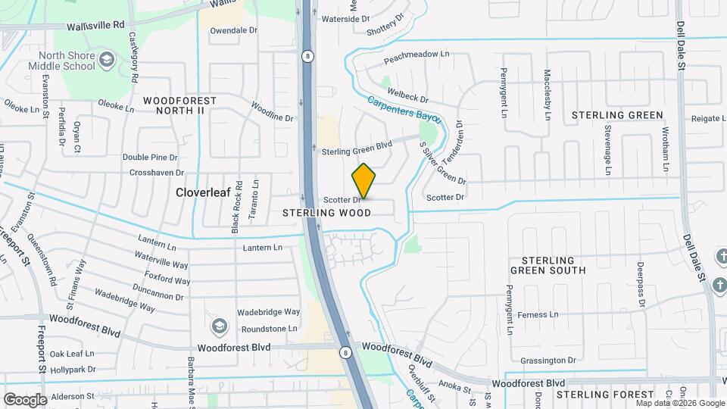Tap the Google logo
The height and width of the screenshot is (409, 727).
[25, 399]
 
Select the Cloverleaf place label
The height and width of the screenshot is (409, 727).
[203, 192]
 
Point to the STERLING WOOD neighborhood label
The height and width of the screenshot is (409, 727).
[327, 214]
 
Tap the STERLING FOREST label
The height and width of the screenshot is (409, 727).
[605, 395]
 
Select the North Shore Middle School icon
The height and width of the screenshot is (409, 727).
[107, 59]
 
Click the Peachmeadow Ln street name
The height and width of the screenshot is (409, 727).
[417, 55]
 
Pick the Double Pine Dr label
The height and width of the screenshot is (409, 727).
[150, 158]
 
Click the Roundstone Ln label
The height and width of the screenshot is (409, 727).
[270, 329]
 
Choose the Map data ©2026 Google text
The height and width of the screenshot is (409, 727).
[679, 403]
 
